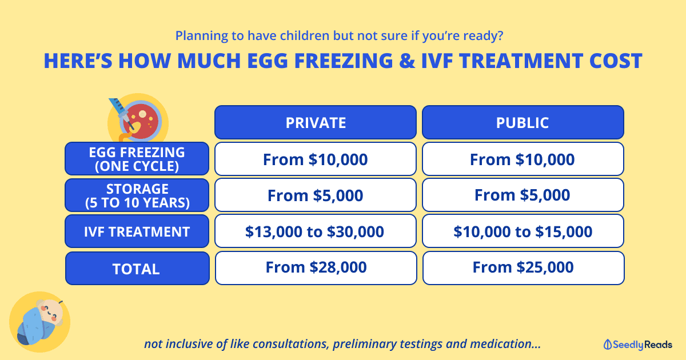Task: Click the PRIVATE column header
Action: coord(316,122)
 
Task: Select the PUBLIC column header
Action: coord(523,122)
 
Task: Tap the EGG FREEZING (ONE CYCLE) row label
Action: coord(137,159)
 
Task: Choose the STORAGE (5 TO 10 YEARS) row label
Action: coord(137,195)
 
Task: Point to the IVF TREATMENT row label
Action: coord(137,231)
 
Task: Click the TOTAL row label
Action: coord(137,268)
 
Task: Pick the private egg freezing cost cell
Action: coord(316,159)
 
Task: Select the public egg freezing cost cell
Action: coord(523,159)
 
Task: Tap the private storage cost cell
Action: coord(316,195)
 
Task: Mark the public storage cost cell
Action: coord(523,195)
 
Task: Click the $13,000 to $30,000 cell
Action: coord(316,231)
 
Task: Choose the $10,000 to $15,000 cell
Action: coord(523,231)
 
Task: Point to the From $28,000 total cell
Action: coord(316,268)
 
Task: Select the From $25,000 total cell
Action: coord(524,268)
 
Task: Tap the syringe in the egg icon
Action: coord(122,113)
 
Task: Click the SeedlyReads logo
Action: coord(637,345)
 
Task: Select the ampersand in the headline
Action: coord(407,61)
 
